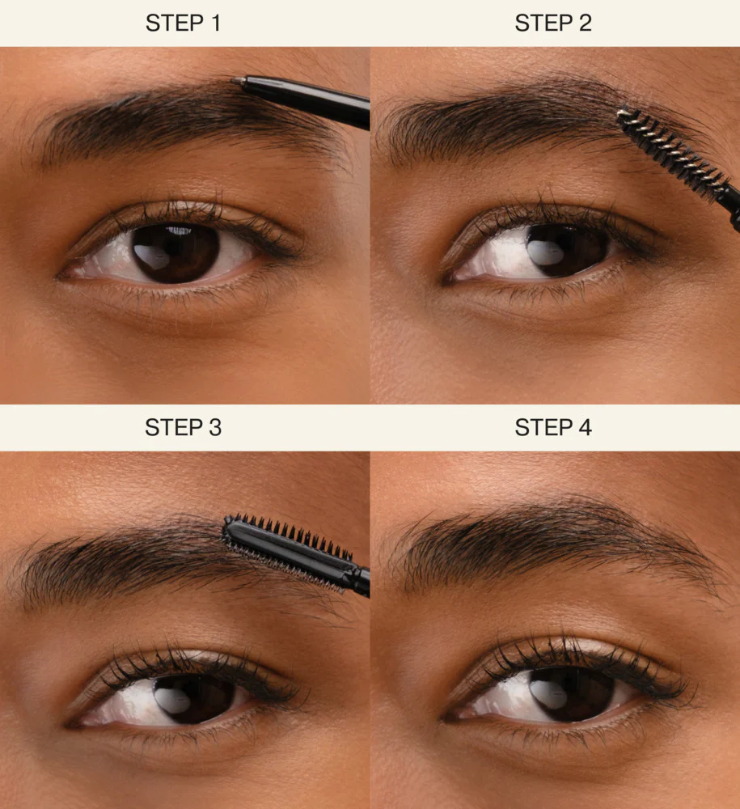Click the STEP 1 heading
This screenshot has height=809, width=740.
(183, 23)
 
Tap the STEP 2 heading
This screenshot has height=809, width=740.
(553, 23)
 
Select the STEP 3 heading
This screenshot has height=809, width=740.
(183, 427)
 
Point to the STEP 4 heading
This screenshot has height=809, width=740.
(553, 427)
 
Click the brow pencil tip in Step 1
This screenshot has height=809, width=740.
(236, 81)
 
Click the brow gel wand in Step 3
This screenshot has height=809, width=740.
(291, 550)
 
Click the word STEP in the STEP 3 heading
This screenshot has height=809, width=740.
(171, 427)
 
